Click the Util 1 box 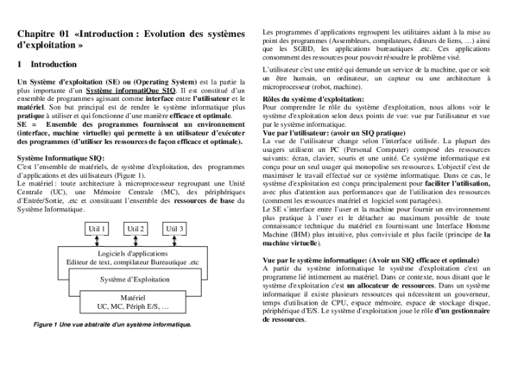(97, 229)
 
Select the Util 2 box (136, 229)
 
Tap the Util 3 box (174, 229)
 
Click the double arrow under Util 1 (97, 240)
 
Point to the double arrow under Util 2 (136, 240)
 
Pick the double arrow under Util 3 (174, 240)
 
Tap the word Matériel (134, 298)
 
